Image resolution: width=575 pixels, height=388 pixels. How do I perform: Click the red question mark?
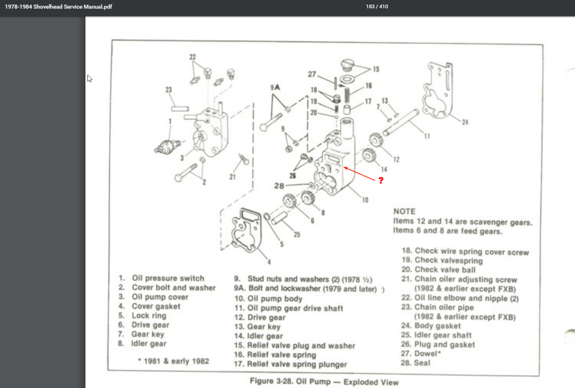[381, 180]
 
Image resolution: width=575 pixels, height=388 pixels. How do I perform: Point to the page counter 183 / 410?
[377, 6]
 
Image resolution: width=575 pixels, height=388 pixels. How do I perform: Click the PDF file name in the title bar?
[59, 7]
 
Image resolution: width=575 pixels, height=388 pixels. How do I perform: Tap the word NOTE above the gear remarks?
[404, 211]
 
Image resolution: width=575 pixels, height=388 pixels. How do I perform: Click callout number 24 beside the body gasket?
[465, 122]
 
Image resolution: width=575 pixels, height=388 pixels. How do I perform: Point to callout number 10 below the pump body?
[365, 200]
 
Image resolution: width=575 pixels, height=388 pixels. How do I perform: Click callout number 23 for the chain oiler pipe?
[169, 90]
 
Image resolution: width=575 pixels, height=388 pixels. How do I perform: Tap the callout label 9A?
[275, 87]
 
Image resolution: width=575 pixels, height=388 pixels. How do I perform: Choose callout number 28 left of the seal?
[279, 186]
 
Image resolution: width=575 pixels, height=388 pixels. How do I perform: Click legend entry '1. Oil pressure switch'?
[161, 278]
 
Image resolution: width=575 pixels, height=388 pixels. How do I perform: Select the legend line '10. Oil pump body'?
[268, 298]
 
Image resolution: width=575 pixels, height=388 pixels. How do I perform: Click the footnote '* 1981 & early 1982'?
[173, 361]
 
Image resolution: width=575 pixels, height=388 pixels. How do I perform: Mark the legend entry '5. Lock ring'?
[142, 316]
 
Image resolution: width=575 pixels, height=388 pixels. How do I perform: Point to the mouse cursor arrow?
[89, 78]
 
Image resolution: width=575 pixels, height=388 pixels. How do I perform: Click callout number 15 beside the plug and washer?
[376, 69]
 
